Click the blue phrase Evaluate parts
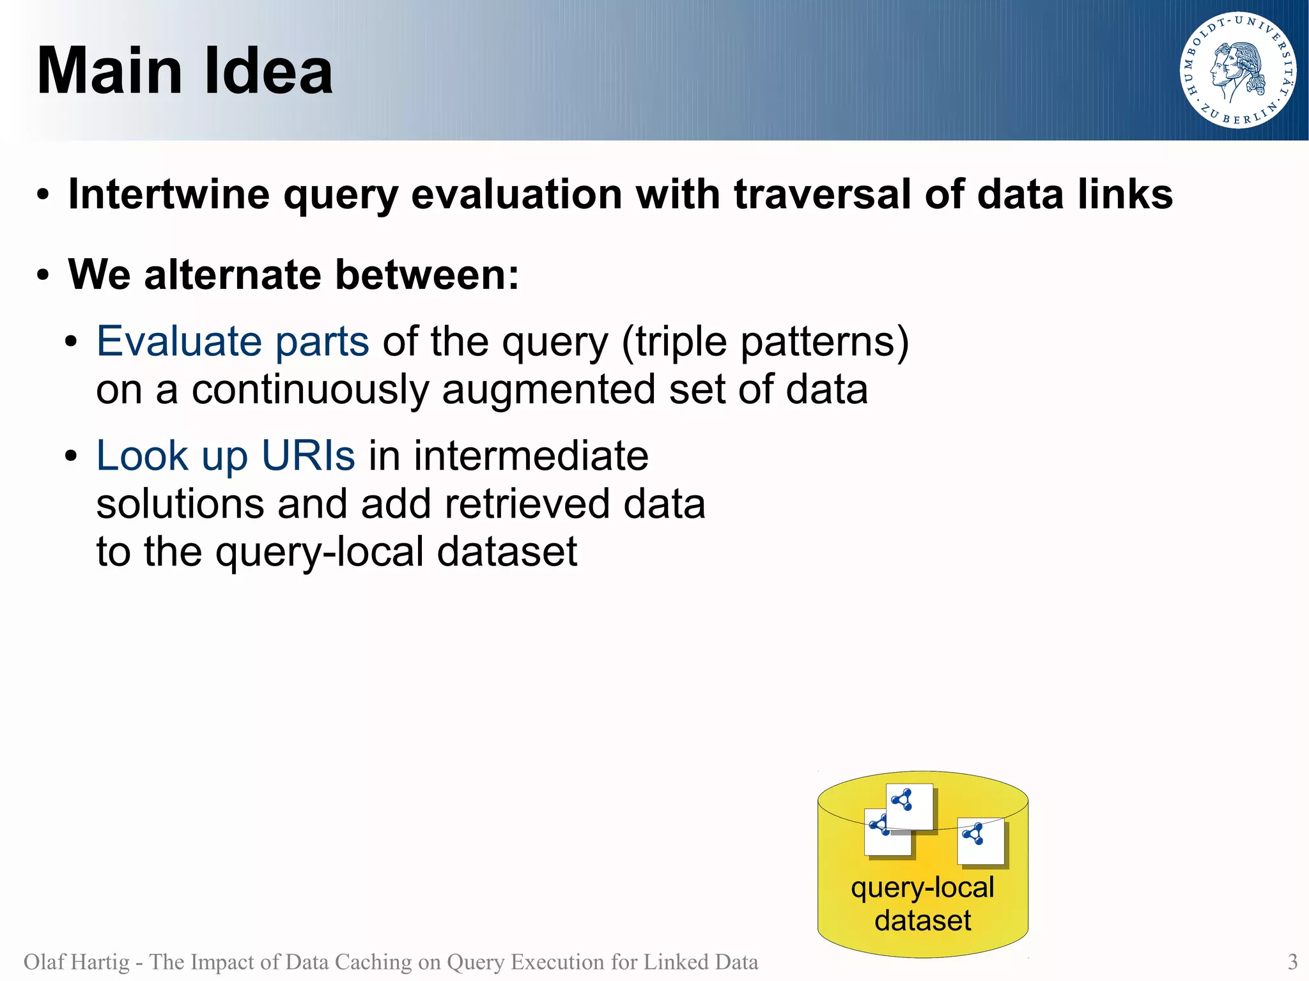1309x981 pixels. tap(233, 341)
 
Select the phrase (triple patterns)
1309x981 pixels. tap(764, 343)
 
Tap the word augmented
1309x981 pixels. tap(548, 389)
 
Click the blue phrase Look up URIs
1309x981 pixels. tap(225, 456)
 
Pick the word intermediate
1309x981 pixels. tap(531, 456)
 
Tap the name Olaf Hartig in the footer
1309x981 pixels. tap(76, 961)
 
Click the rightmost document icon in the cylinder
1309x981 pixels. tap(980, 840)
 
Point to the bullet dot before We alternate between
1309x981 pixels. tap(43, 275)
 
